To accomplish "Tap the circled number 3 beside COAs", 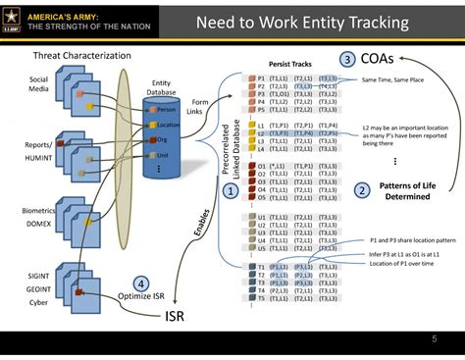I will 347,59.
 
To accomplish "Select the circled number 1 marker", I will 231,191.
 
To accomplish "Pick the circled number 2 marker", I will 362,190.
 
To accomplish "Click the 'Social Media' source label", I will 39,84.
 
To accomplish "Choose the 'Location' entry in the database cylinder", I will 168,125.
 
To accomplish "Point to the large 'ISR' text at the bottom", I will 174,316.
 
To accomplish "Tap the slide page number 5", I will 434,339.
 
